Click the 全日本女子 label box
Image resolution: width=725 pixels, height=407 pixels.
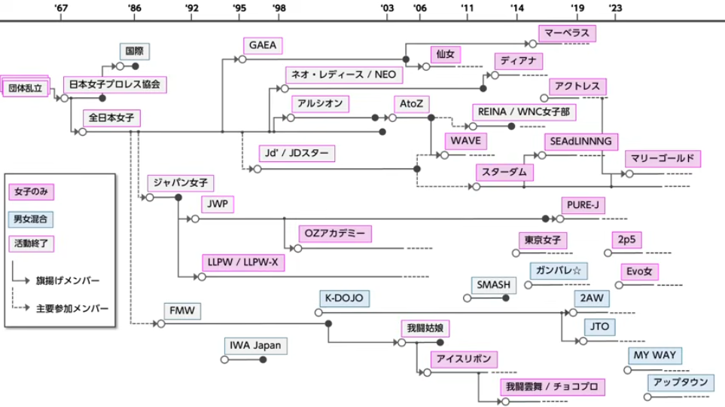point(111,118)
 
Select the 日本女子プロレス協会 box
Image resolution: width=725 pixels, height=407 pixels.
point(114,84)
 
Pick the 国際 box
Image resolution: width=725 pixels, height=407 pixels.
point(136,51)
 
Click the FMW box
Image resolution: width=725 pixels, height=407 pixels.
point(182,310)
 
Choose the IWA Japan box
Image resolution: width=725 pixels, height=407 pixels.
point(256,346)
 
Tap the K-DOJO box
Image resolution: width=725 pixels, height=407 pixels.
point(343,298)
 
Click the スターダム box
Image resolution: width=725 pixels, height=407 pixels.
point(504,172)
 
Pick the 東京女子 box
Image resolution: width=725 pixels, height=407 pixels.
point(543,240)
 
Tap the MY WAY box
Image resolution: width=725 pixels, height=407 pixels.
point(653,355)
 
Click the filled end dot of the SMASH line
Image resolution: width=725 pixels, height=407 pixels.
point(506,298)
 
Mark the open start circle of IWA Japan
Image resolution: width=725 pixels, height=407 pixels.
point(224,360)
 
